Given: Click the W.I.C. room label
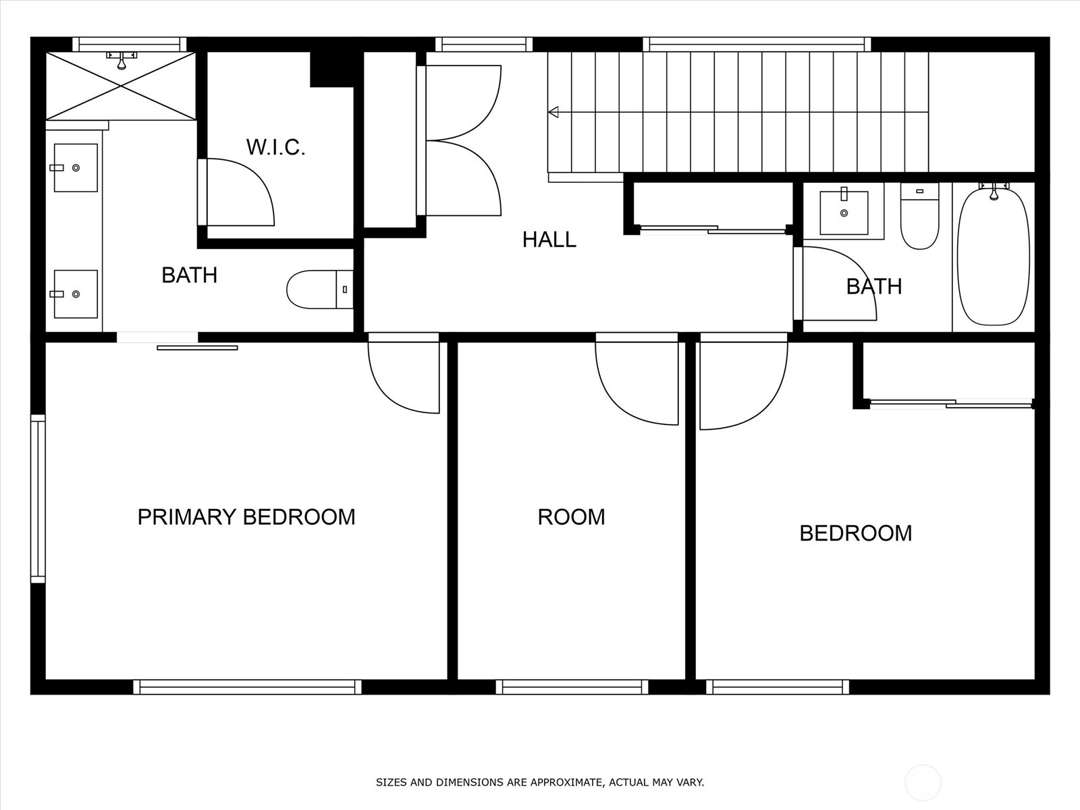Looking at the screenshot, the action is click(275, 147).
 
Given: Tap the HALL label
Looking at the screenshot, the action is click(549, 240).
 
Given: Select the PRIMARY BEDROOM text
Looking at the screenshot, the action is click(246, 517).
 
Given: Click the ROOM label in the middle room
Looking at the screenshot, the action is click(571, 517).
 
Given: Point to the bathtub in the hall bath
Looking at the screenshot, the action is click(994, 256).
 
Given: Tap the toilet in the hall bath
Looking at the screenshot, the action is click(919, 216).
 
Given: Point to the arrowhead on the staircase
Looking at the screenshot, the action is click(553, 112).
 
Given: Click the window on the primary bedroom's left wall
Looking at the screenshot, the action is click(38, 499).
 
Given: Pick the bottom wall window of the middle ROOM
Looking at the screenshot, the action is click(572, 687).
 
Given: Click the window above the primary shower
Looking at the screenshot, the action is click(130, 45).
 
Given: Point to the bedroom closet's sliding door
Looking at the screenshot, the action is click(950, 404).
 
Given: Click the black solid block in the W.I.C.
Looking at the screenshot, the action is click(332, 70).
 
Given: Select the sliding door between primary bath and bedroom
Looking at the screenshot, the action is click(197, 348).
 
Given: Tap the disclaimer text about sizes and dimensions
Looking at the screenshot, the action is click(540, 782).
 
